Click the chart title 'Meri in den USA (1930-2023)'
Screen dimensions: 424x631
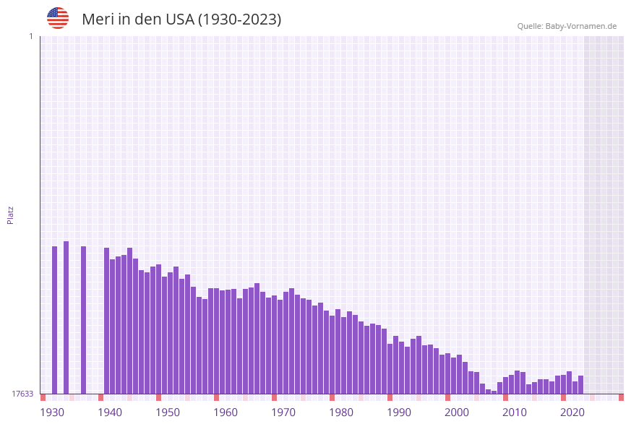[x=181, y=20]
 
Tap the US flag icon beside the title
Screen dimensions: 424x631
[x=58, y=18]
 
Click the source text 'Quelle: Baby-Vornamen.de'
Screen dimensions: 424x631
[x=567, y=26]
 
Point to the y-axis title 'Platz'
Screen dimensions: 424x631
[x=11, y=215]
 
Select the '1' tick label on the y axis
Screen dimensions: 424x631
[x=30, y=36]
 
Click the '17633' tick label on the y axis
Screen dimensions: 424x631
[x=22, y=394]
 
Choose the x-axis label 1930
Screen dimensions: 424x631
[x=52, y=412]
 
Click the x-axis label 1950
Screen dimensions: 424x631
[x=168, y=412]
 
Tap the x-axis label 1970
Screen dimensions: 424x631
[x=283, y=412]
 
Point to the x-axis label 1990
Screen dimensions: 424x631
[x=399, y=412]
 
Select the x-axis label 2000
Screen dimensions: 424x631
[x=457, y=412]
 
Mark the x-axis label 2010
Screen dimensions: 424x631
[x=515, y=412]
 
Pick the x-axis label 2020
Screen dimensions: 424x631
[x=572, y=412]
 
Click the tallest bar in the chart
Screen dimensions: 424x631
[x=66, y=318]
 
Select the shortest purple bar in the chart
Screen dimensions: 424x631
[x=494, y=392]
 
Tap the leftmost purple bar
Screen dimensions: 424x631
[x=54, y=320]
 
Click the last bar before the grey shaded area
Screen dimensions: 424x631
[x=580, y=385]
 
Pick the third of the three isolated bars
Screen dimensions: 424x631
[x=83, y=320]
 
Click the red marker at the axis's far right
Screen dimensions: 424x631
[x=621, y=397]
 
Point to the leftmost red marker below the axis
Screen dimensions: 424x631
[x=43, y=397]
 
